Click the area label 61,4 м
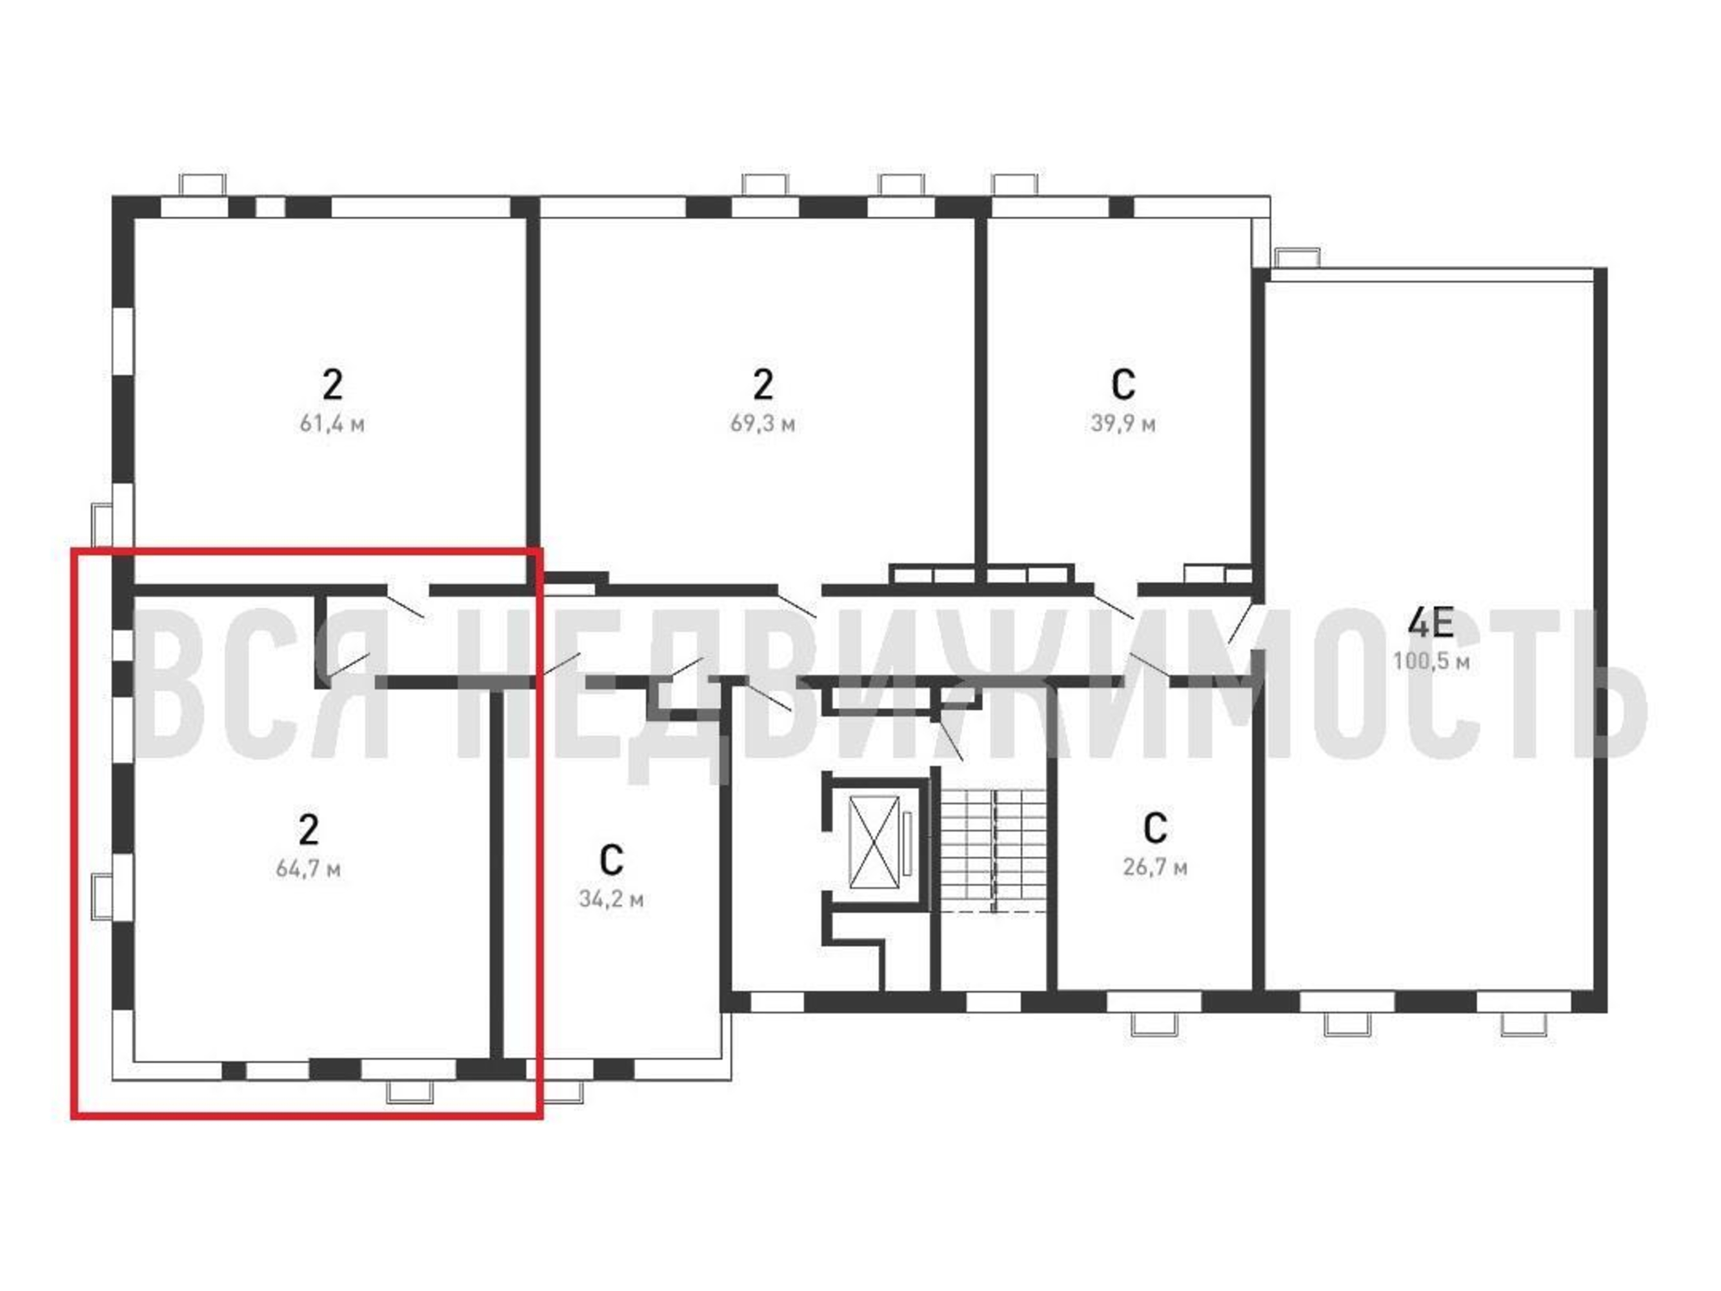click(x=332, y=424)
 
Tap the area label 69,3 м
click(x=763, y=424)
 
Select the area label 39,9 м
click(x=1123, y=424)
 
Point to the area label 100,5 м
click(x=1431, y=662)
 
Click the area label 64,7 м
click(x=308, y=868)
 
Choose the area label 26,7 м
click(x=1154, y=867)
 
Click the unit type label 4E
click(x=1431, y=622)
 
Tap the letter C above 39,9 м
click(x=1123, y=383)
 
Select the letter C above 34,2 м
click(x=612, y=860)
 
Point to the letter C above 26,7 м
click(x=1154, y=828)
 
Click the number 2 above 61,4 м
click(x=332, y=383)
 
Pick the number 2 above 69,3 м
click(x=763, y=383)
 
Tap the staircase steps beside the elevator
click(x=994, y=849)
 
